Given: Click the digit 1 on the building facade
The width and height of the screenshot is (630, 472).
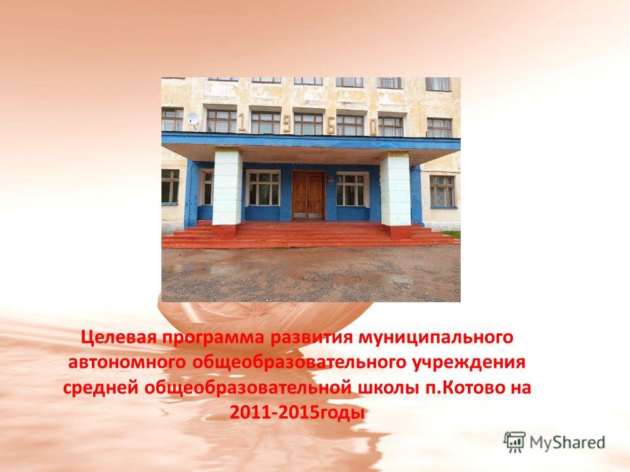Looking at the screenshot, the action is click(x=242, y=122).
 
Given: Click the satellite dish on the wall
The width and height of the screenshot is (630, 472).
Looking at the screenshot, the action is click(x=193, y=119).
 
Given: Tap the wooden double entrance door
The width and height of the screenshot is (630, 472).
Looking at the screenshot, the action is click(x=308, y=195).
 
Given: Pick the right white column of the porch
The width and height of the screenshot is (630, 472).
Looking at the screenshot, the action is click(x=395, y=190).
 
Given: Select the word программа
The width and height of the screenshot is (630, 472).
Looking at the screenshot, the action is click(x=213, y=339).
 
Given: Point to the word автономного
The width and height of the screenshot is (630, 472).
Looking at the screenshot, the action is click(x=127, y=363).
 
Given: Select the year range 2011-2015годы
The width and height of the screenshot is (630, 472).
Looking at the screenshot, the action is click(x=297, y=413).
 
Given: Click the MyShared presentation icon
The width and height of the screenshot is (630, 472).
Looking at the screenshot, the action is click(x=514, y=442).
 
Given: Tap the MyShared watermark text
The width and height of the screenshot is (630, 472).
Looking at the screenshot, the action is click(x=567, y=442).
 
